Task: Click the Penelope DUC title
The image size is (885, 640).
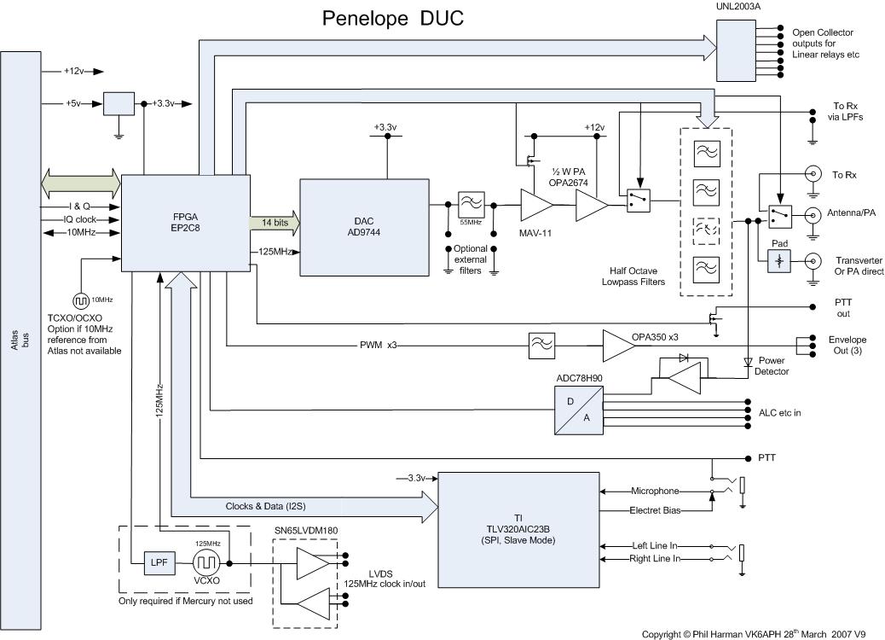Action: (392, 18)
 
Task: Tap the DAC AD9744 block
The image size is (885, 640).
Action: (364, 228)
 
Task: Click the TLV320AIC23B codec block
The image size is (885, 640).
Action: (518, 528)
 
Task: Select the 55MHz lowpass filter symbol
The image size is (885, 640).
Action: (471, 205)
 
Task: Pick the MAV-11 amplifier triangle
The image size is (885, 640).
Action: (535, 205)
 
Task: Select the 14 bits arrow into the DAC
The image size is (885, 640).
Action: (274, 221)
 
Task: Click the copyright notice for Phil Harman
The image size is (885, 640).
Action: (753, 633)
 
